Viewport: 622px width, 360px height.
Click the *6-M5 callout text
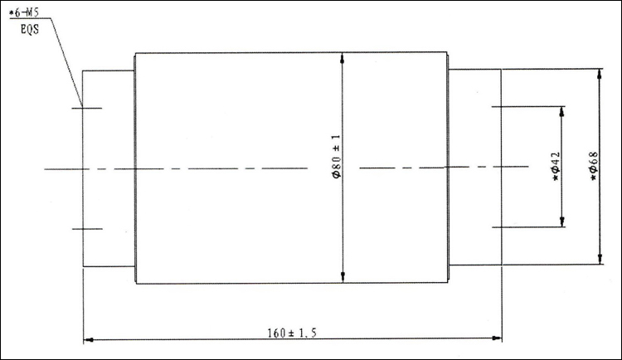tap(24, 12)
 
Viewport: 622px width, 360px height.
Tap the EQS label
tap(30, 29)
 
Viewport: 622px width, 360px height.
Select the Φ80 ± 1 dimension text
tap(337, 156)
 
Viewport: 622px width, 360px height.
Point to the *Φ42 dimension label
tap(556, 166)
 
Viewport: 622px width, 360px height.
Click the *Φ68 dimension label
tap(594, 166)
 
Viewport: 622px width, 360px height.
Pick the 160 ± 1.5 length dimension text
tap(292, 333)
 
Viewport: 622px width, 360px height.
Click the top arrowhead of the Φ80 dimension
tap(342, 58)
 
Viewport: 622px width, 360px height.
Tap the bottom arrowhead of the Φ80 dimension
tap(343, 277)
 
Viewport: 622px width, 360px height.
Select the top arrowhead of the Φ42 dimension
tap(561, 112)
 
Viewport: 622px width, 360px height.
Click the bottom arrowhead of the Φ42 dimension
tap(562, 221)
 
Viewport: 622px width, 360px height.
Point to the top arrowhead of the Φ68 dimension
tap(600, 74)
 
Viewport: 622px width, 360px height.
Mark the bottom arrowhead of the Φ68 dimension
tap(600, 259)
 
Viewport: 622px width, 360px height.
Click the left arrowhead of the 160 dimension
tap(89, 340)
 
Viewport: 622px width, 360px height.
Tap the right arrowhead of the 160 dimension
tap(496, 338)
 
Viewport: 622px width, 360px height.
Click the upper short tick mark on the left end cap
tap(87, 108)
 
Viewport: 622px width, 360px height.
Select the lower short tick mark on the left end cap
tap(87, 229)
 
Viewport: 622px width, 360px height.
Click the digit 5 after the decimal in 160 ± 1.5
tap(313, 333)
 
